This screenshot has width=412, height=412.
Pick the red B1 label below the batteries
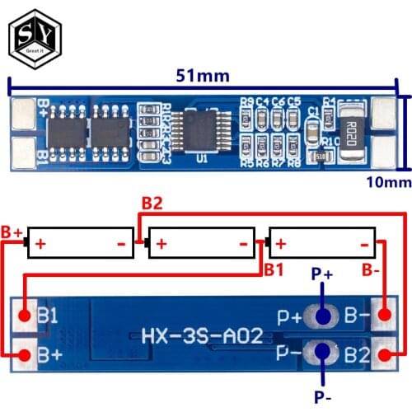(274, 269)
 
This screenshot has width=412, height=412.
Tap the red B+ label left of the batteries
(11, 233)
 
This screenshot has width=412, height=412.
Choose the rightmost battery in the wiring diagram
(322, 244)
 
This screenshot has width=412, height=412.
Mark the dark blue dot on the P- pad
(324, 354)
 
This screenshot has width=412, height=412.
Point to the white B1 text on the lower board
(49, 315)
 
